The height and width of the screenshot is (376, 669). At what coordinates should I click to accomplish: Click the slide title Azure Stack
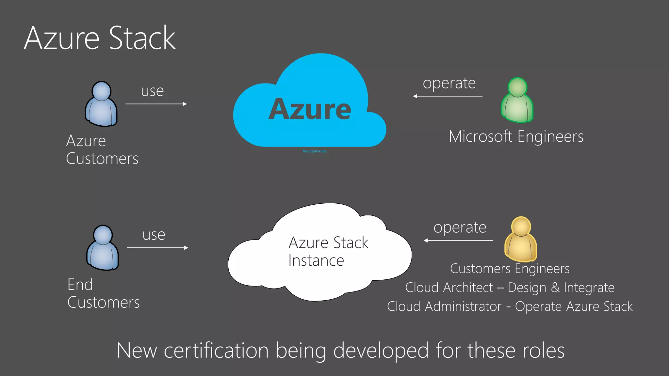(x=100, y=38)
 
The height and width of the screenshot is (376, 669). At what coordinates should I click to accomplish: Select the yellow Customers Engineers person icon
(x=521, y=240)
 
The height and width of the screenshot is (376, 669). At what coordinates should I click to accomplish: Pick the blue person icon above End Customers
(x=103, y=248)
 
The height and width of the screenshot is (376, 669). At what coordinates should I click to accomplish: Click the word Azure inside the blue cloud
(x=310, y=109)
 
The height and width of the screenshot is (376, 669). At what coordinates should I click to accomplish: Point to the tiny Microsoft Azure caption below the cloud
(x=315, y=151)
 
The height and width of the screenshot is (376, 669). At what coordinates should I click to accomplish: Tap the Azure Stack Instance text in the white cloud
(x=328, y=251)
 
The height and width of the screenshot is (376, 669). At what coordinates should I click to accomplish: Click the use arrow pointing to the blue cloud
(x=156, y=104)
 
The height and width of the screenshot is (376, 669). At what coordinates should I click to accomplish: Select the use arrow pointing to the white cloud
(x=157, y=248)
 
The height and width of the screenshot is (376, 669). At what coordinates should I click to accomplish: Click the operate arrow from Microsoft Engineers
(x=448, y=96)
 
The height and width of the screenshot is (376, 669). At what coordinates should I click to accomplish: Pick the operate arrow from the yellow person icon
(x=458, y=241)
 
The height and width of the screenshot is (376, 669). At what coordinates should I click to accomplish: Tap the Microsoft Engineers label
(x=516, y=136)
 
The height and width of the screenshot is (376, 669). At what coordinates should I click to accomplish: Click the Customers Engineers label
(x=510, y=269)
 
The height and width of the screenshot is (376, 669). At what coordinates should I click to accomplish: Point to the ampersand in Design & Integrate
(x=555, y=288)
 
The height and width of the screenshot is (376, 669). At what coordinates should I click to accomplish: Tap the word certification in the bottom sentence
(x=216, y=351)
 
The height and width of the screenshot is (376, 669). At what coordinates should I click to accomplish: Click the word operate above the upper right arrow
(x=449, y=83)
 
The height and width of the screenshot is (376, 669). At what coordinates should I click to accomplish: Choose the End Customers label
(x=103, y=293)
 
